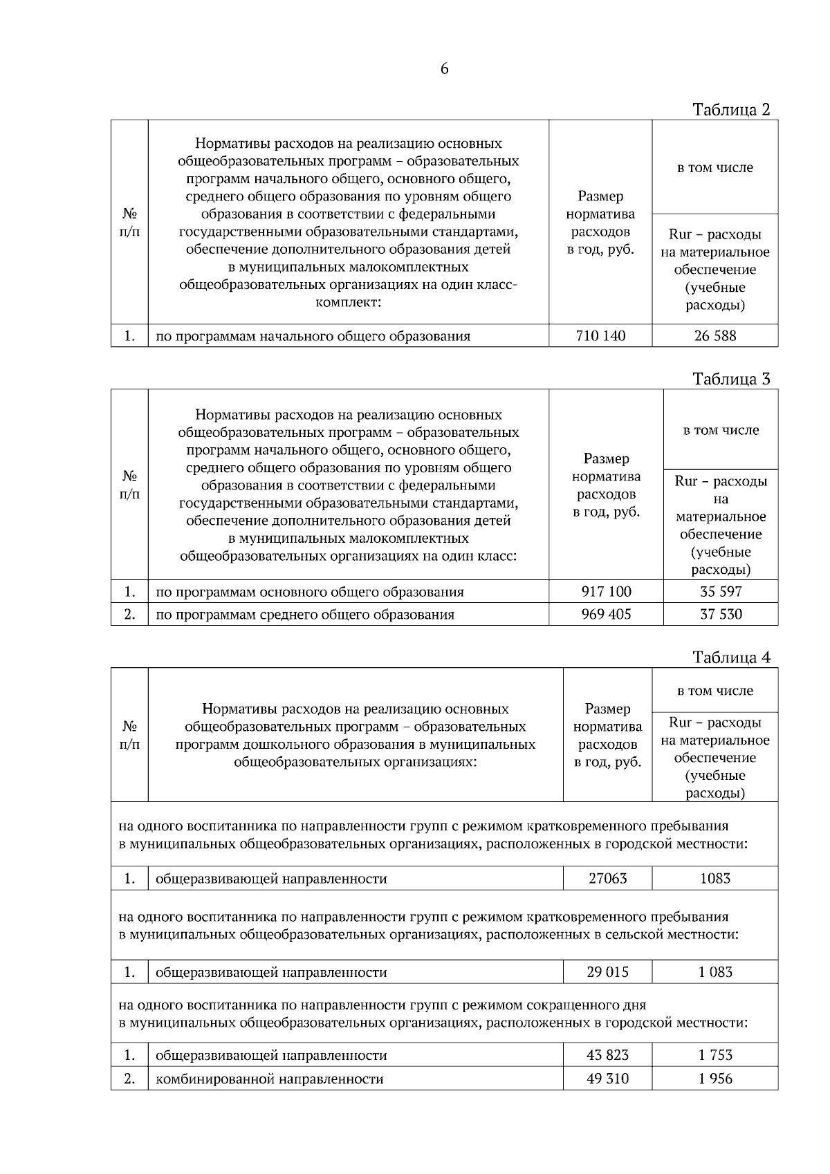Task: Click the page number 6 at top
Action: pyautogui.click(x=444, y=69)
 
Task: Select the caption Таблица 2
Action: pyautogui.click(x=731, y=109)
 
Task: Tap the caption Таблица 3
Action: pyautogui.click(x=731, y=379)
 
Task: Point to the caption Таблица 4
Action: pyautogui.click(x=731, y=658)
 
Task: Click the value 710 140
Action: pyautogui.click(x=600, y=336)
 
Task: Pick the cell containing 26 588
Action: pyautogui.click(x=715, y=336)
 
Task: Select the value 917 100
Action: pyautogui.click(x=606, y=592)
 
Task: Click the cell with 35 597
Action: pyautogui.click(x=721, y=592)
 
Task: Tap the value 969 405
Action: pyautogui.click(x=606, y=614)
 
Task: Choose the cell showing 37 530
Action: pyautogui.click(x=721, y=614)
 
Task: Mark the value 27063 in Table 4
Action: pyautogui.click(x=607, y=879)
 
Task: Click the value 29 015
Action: pyautogui.click(x=607, y=972)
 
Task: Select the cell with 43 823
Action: pyautogui.click(x=607, y=1056)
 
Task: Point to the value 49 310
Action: pyautogui.click(x=607, y=1079)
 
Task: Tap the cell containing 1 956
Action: pyautogui.click(x=715, y=1079)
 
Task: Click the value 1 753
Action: pyautogui.click(x=715, y=1056)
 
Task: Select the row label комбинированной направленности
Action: pyautogui.click(x=269, y=1079)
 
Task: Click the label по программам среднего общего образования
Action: pyautogui.click(x=305, y=615)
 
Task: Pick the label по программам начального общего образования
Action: pyautogui.click(x=313, y=337)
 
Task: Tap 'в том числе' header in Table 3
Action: pyautogui.click(x=721, y=430)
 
